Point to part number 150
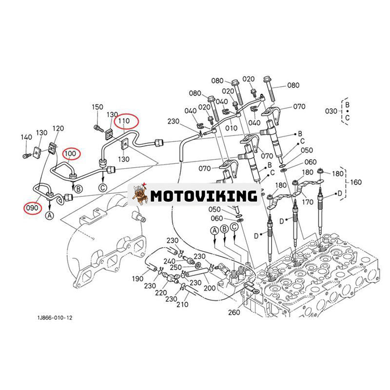[97, 107]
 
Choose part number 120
[58, 128]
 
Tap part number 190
[137, 279]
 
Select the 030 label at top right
[331, 111]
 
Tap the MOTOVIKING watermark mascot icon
[140, 195]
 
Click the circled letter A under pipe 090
[50, 215]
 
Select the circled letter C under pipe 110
[103, 187]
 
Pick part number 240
[170, 261]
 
